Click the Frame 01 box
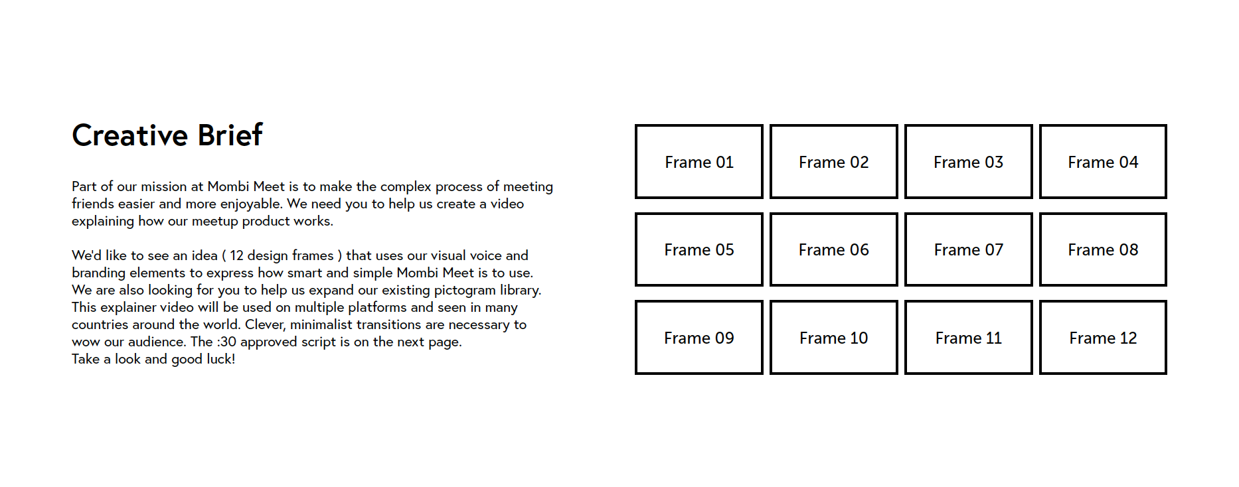coord(699,162)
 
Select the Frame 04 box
coord(1102,162)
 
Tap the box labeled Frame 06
coord(833,249)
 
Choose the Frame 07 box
coord(968,249)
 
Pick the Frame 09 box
coord(699,338)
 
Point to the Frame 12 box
coord(1102,338)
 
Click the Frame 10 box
coord(833,338)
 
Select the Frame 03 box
coord(968,162)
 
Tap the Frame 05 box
coord(699,249)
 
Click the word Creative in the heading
coord(130,135)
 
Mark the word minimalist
coord(321,324)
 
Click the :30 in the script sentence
coord(226,342)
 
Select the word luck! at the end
coord(222,359)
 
